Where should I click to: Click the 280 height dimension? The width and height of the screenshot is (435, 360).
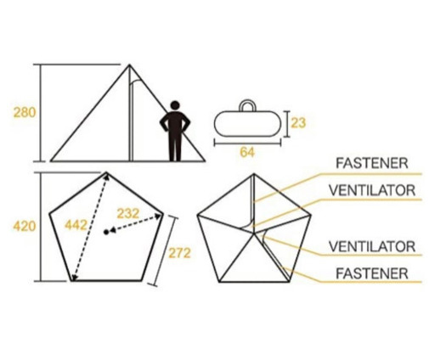tap(25, 113)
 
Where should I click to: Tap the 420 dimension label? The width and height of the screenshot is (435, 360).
tap(25, 227)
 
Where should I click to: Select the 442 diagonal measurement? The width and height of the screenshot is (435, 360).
tap(76, 226)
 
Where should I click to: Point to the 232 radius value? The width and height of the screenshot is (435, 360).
tap(128, 213)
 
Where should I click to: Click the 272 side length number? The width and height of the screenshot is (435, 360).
tap(179, 253)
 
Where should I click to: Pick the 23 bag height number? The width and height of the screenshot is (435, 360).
tap(298, 123)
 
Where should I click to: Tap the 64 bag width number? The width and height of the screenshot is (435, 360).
tap(247, 152)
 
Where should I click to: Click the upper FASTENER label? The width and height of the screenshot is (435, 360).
tap(372, 163)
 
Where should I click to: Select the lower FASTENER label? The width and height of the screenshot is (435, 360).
tap(372, 273)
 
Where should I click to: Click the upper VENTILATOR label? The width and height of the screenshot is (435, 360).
tap(372, 190)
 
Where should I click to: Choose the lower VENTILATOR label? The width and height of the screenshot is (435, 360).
tap(372, 246)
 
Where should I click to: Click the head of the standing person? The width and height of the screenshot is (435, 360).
tap(175, 105)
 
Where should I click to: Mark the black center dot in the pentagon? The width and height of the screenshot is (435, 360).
tap(106, 233)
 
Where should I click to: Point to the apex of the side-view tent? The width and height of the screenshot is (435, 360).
tap(129, 65)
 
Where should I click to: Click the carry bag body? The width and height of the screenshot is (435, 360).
tap(247, 124)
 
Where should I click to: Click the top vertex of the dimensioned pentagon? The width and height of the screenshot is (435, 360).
tap(106, 172)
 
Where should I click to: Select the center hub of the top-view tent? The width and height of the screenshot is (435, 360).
tap(254, 233)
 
